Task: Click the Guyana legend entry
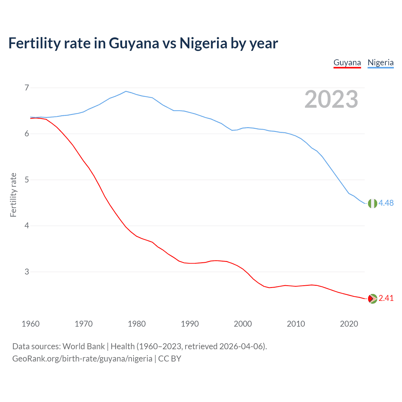pos(347,62)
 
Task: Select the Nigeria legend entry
pos(380,62)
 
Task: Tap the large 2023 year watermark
pos(331,99)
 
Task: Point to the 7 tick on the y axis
pos(27,88)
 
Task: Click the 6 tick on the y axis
pos(27,134)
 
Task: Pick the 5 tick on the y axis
pos(27,180)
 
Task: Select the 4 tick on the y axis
pos(27,226)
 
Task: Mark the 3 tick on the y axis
pos(27,272)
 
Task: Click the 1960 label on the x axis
pos(30,324)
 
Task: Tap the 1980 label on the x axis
pos(137,324)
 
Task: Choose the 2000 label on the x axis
pos(243,324)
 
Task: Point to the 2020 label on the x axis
pos(349,324)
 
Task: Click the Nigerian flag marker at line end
pos(372,204)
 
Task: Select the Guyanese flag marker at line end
pos(372,299)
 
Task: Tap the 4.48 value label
pos(386,203)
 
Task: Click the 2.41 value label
pos(386,298)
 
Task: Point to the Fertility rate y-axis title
pos(13,195)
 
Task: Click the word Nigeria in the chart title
pos(203,43)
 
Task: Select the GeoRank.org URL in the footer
pos(82,359)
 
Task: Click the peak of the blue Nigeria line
pos(126,91)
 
